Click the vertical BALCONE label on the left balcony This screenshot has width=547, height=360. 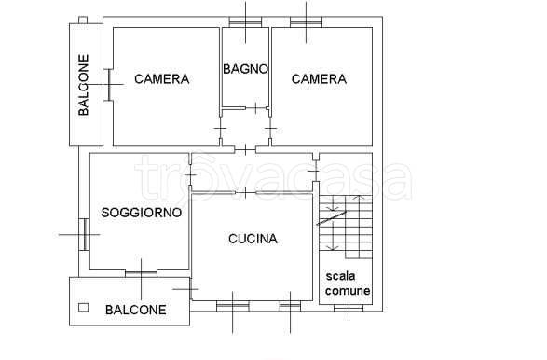coord(84,86)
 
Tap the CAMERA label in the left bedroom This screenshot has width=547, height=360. coord(161,79)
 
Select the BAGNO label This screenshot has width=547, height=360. coord(246,68)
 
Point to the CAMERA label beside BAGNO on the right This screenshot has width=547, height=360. coord(319,79)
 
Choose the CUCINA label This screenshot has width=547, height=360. coord(253,239)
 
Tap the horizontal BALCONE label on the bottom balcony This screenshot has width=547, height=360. coord(136,310)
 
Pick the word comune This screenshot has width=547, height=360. coord(347,291)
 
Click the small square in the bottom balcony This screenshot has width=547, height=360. coord(83,307)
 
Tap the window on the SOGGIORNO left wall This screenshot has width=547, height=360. coord(83,233)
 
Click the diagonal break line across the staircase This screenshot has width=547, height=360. coord(332,219)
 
